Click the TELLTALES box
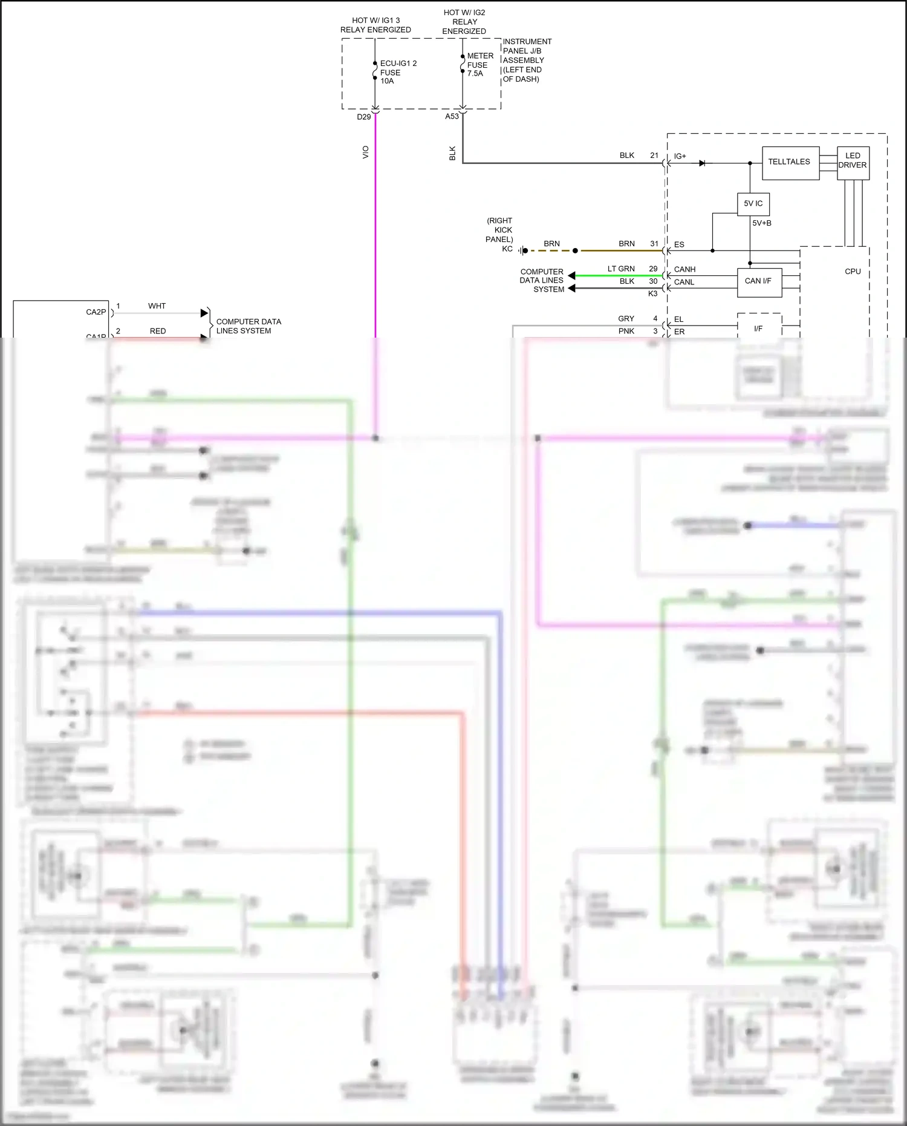pyautogui.click(x=790, y=162)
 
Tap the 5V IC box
pyautogui.click(x=753, y=204)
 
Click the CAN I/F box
pyautogui.click(x=758, y=281)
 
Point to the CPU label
pyautogui.click(x=853, y=272)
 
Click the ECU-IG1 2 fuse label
pyautogui.click(x=398, y=72)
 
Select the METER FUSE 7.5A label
pyautogui.click(x=480, y=65)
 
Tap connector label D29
pyautogui.click(x=364, y=117)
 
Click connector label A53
pyautogui.click(x=452, y=116)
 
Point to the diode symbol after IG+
pyautogui.click(x=702, y=163)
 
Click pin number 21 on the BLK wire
pyautogui.click(x=654, y=155)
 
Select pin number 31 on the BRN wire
pyautogui.click(x=654, y=244)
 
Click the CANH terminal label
pyautogui.click(x=684, y=269)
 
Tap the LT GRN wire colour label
pyautogui.click(x=621, y=269)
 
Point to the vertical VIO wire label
pyautogui.click(x=365, y=152)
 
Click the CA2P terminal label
pyautogui.click(x=96, y=312)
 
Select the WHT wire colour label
pyautogui.click(x=157, y=306)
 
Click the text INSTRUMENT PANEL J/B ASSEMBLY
pyautogui.click(x=527, y=60)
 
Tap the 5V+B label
pyautogui.click(x=761, y=223)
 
